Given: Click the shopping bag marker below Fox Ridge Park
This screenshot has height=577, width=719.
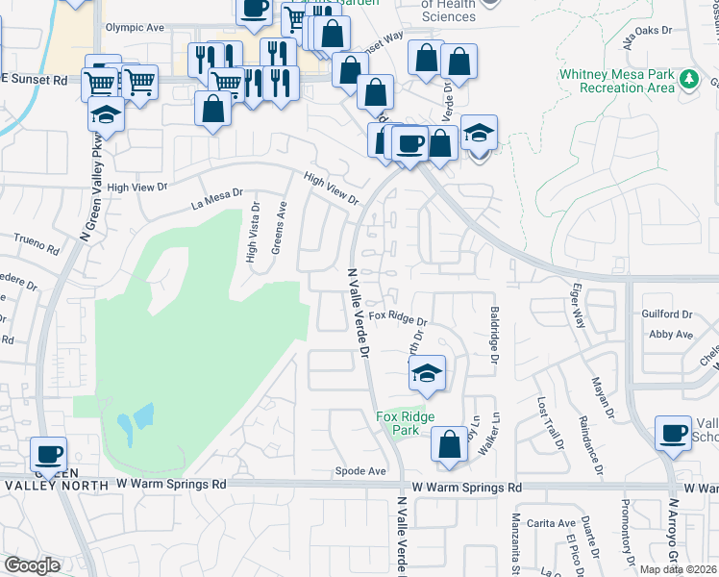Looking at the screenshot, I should click(449, 444).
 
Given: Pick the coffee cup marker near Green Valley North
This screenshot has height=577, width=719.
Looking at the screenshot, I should click(47, 453).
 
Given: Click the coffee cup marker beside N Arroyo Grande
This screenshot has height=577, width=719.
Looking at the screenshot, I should click(673, 432).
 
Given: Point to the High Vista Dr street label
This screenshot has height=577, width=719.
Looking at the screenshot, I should click(252, 232).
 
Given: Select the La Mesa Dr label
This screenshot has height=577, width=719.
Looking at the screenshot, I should click(217, 199).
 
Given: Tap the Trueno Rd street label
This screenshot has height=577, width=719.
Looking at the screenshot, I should click(37, 244).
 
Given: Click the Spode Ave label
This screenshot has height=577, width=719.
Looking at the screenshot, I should click(359, 471).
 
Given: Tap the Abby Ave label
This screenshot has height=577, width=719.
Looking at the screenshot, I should click(670, 335).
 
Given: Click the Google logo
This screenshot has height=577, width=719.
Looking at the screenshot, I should click(31, 565).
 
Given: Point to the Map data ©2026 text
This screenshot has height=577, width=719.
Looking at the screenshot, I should click(679, 569).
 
